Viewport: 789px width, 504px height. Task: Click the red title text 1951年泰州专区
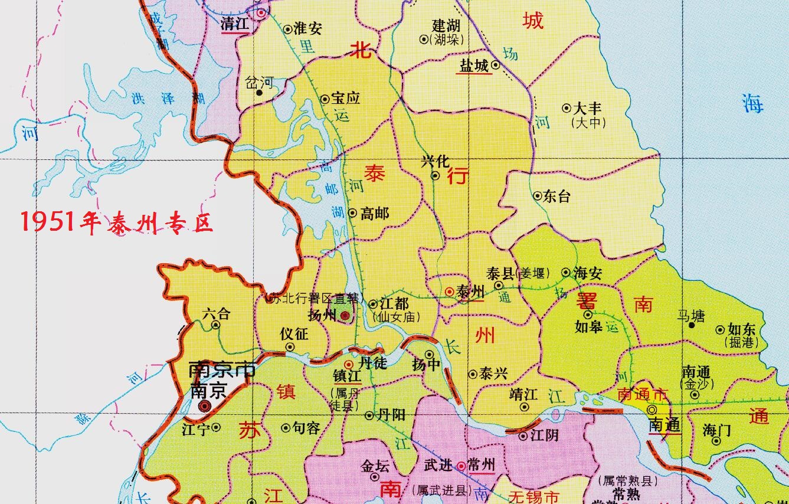[x=116, y=222]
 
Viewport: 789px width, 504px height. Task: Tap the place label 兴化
[x=436, y=161]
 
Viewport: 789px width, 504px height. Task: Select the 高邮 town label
[x=375, y=213]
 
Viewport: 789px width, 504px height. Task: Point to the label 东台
[x=556, y=196]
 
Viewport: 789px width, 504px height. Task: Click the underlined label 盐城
[x=474, y=66]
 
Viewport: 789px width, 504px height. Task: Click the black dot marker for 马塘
[x=692, y=325]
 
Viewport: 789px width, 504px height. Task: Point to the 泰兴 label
[x=493, y=374]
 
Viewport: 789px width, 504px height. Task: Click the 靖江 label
[x=523, y=394]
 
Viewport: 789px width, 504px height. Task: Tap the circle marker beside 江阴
[x=522, y=436]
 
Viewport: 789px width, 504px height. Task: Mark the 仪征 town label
[x=294, y=333]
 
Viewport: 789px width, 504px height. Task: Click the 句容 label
[x=306, y=428]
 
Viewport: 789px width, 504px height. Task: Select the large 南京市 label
[x=221, y=370]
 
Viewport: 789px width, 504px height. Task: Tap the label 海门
[x=716, y=430]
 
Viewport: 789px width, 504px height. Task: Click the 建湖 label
[x=446, y=26]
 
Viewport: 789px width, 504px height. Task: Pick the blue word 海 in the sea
[x=752, y=103]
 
